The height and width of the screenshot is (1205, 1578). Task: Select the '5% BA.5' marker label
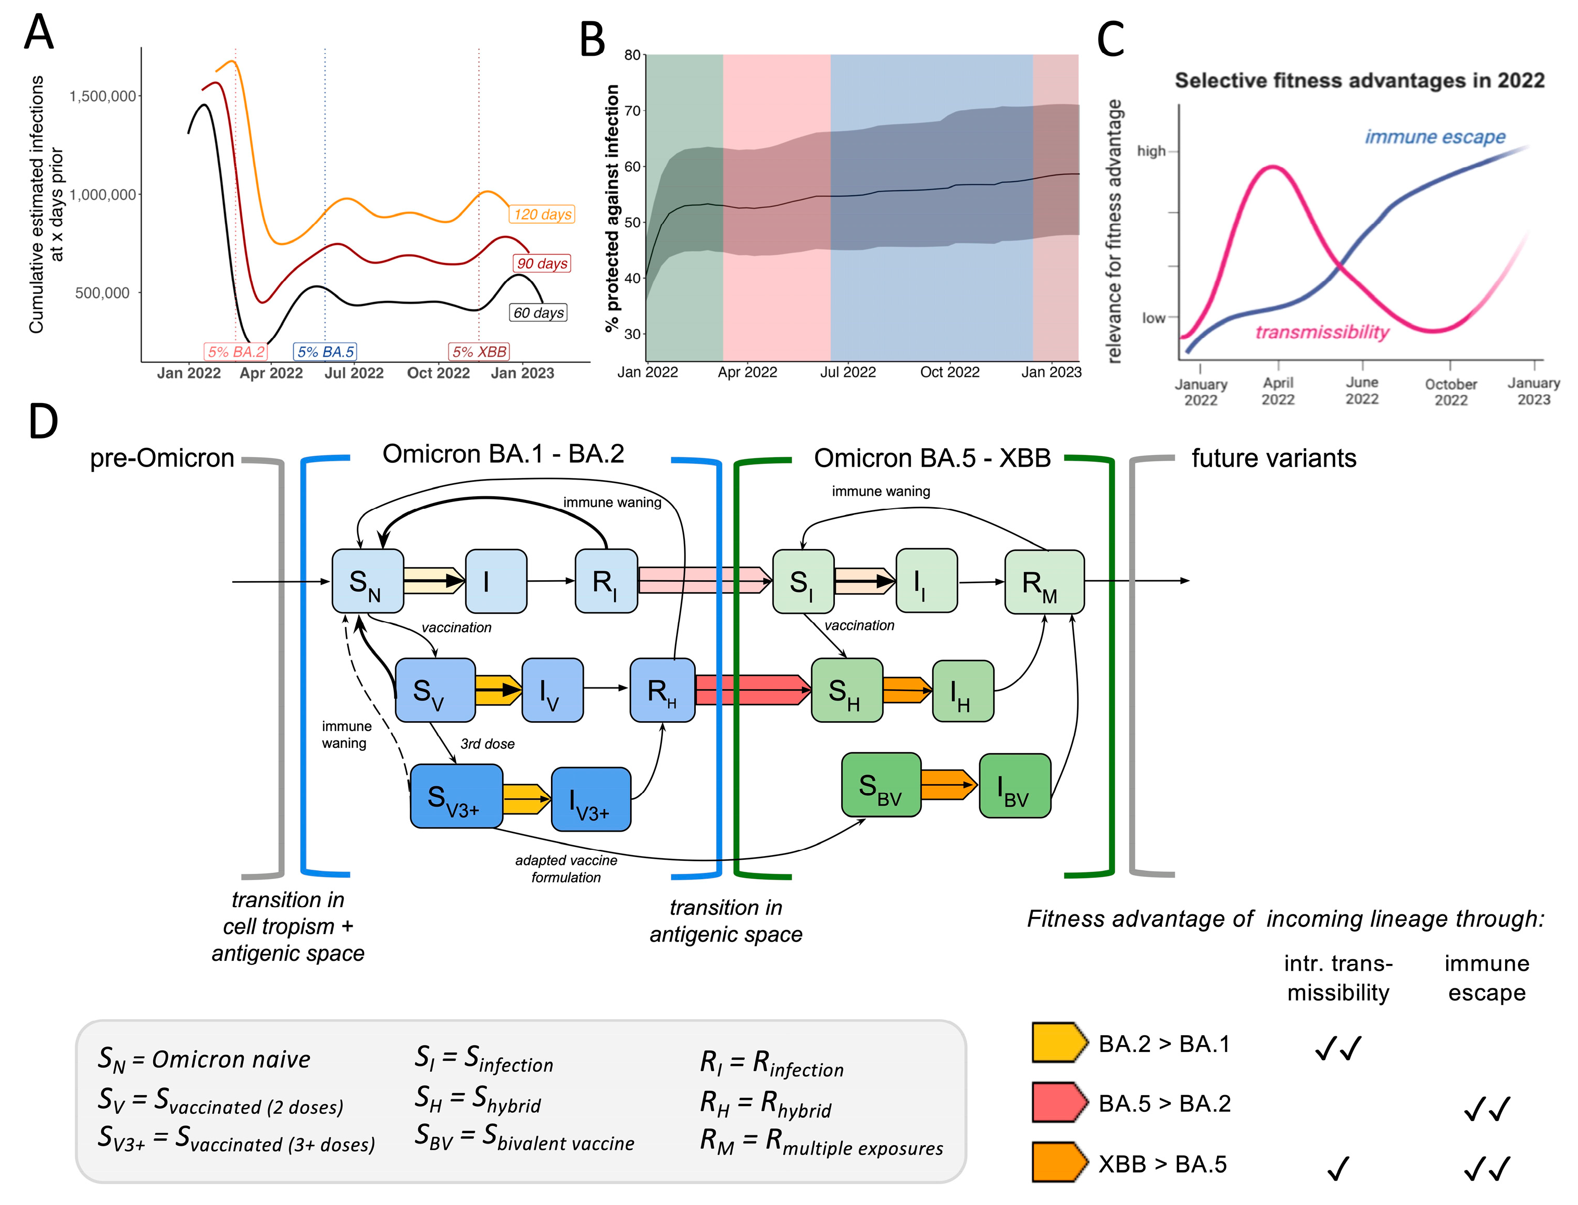(x=325, y=352)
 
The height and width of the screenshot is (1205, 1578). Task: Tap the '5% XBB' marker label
(x=479, y=352)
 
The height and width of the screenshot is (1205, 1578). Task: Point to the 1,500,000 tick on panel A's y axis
(x=103, y=96)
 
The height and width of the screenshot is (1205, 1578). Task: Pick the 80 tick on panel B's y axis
(x=632, y=55)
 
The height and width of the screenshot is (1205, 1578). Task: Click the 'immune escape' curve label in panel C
(x=1435, y=137)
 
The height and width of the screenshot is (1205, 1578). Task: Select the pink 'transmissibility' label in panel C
(x=1322, y=332)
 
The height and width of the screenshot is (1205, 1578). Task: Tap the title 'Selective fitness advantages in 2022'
(x=1359, y=80)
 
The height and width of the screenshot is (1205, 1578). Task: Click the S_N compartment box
(x=367, y=582)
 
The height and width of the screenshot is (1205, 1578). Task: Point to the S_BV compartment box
(x=881, y=785)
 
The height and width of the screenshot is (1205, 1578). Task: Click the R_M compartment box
(x=1044, y=582)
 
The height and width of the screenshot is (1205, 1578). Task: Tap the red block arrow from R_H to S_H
(x=753, y=690)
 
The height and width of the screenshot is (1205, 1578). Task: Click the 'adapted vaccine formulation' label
(x=566, y=869)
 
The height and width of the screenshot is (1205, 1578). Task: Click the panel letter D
(x=43, y=422)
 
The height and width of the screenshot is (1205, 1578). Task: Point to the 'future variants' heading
(x=1274, y=458)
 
